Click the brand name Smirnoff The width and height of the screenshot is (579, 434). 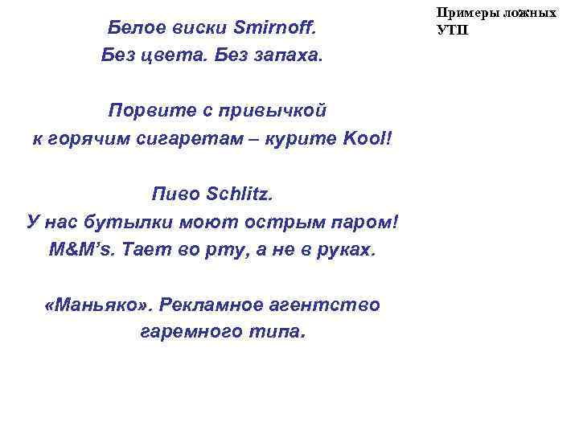[276, 29]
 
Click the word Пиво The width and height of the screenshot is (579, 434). [176, 193]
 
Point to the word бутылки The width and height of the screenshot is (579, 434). [133, 221]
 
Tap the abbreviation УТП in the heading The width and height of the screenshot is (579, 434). [451, 30]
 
